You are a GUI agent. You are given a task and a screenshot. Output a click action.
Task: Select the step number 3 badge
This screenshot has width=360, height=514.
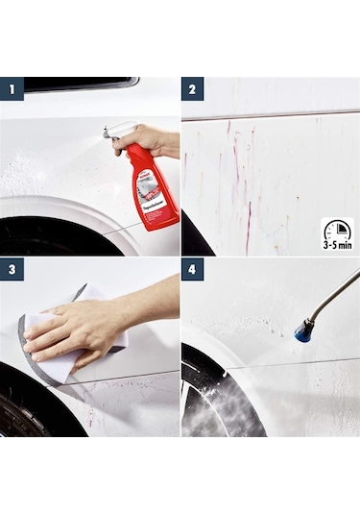click(x=12, y=270)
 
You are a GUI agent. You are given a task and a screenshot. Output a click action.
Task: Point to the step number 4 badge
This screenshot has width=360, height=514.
click(x=192, y=270)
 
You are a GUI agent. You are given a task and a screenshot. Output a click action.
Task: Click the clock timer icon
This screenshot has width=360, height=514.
click(x=337, y=232)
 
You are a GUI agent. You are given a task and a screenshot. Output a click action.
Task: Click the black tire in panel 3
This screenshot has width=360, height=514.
click(x=24, y=413)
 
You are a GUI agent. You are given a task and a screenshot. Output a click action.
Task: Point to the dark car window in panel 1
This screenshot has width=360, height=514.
click(x=77, y=85)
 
